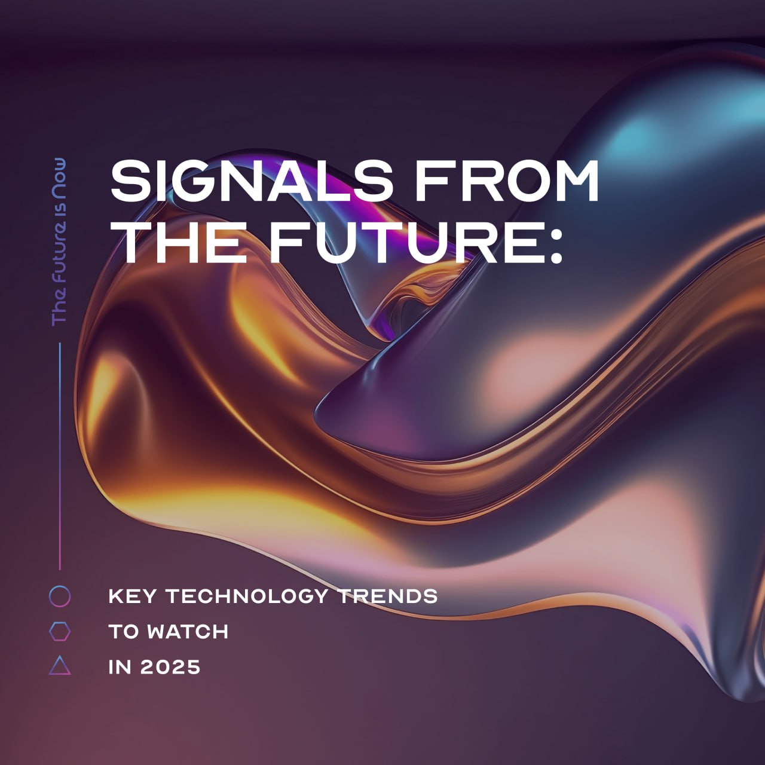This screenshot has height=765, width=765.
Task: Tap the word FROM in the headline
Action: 507,180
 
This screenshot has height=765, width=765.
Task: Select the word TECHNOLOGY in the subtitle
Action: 247,596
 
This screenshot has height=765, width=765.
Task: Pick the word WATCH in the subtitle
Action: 188,632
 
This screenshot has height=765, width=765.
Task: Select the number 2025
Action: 170,667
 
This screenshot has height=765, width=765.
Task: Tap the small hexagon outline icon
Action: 60,622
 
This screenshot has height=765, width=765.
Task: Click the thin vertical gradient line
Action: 60,456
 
